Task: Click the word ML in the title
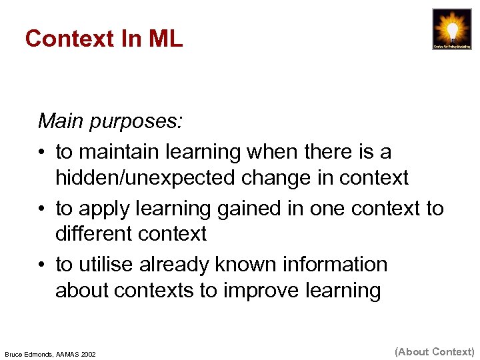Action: pos(165,39)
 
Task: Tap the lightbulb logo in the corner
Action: pos(452,29)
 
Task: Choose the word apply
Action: pos(100,209)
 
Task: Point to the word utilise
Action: pos(107,265)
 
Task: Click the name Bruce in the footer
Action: pos(15,353)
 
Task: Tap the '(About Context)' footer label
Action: pos(435,351)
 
